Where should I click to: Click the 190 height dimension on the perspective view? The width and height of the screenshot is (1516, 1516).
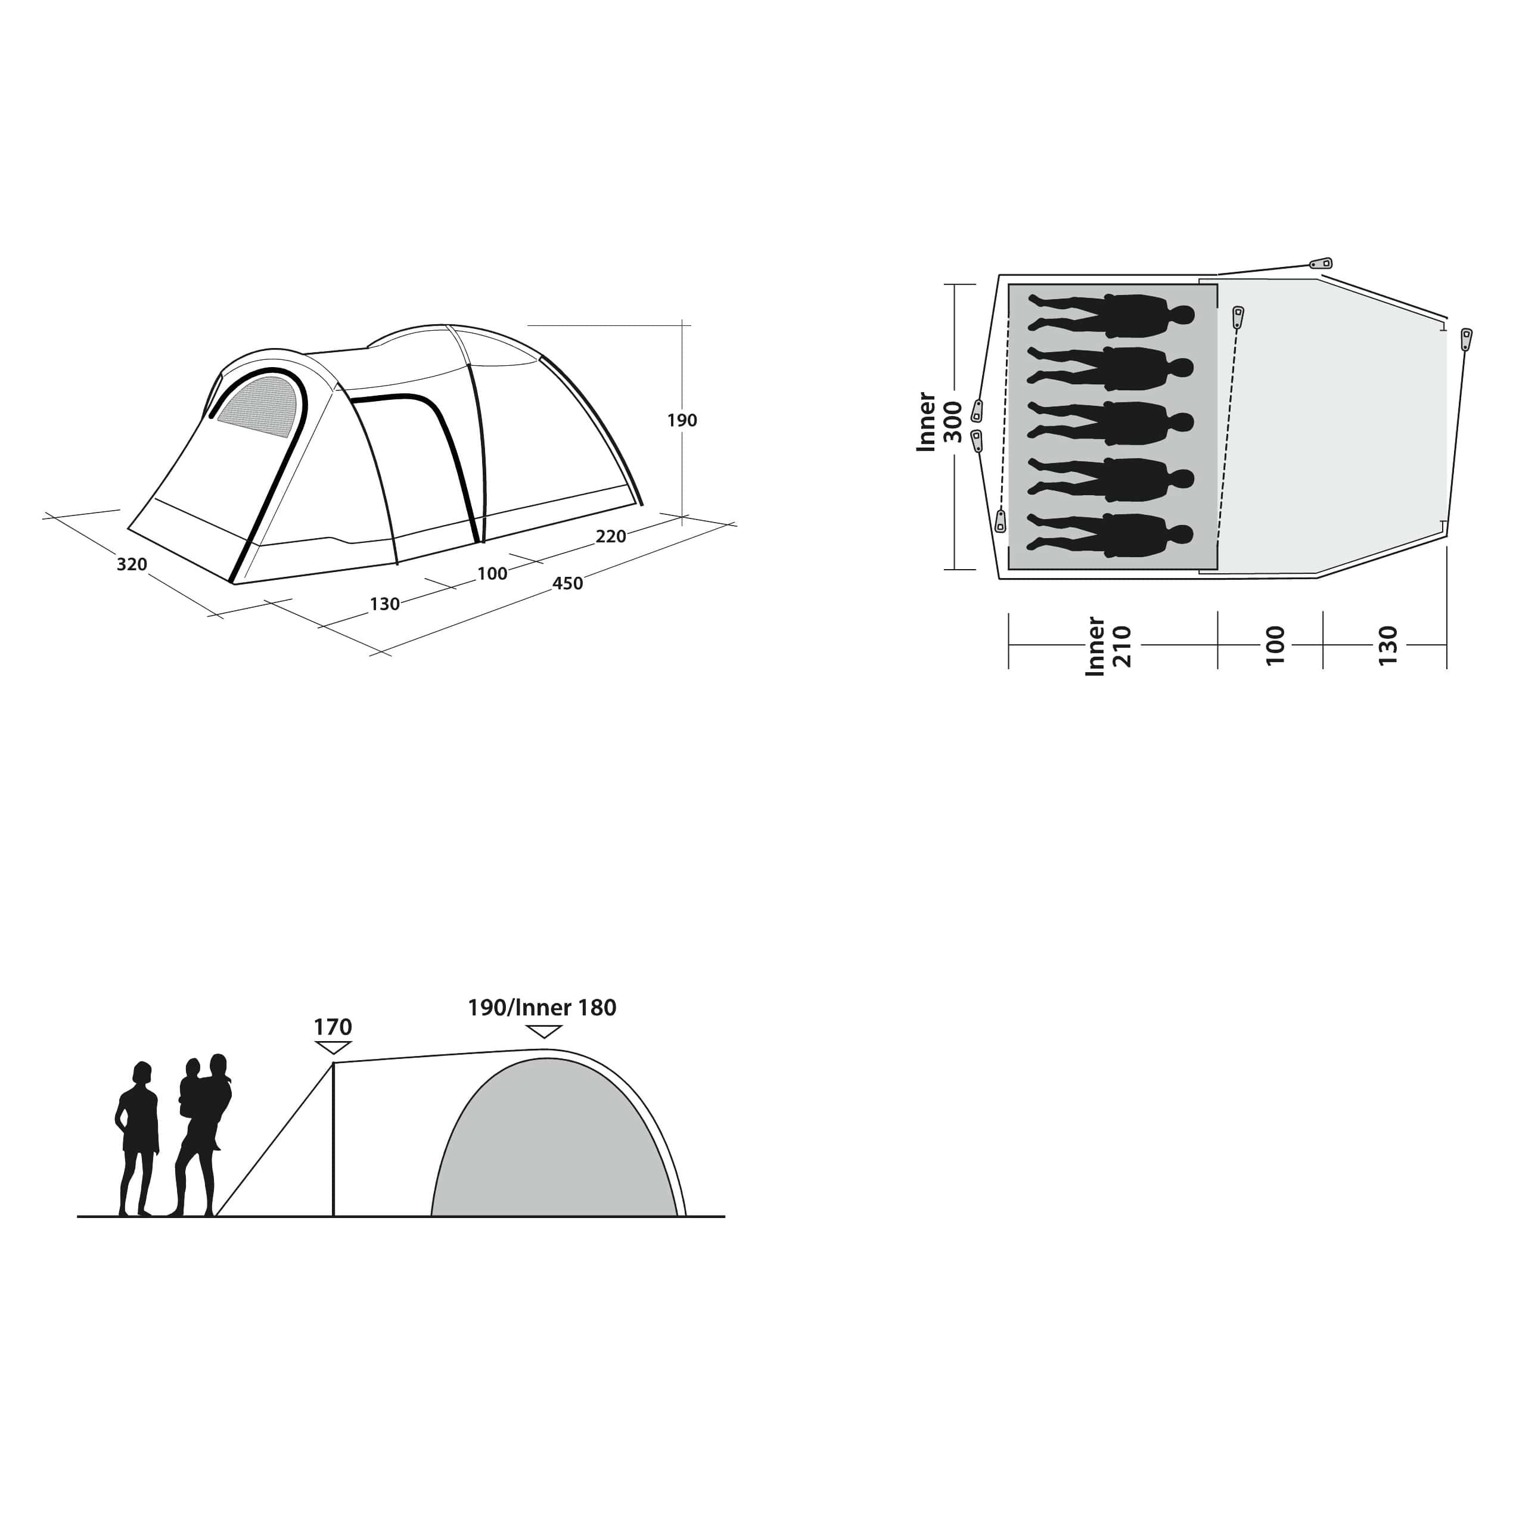point(682,421)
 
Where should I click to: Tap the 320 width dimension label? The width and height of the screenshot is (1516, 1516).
point(132,564)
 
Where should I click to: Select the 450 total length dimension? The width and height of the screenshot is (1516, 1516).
point(567,583)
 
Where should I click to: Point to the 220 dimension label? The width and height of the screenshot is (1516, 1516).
point(610,537)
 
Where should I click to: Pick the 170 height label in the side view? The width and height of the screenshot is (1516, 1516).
point(333,1027)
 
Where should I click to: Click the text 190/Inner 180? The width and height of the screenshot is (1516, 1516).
point(542,1008)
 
